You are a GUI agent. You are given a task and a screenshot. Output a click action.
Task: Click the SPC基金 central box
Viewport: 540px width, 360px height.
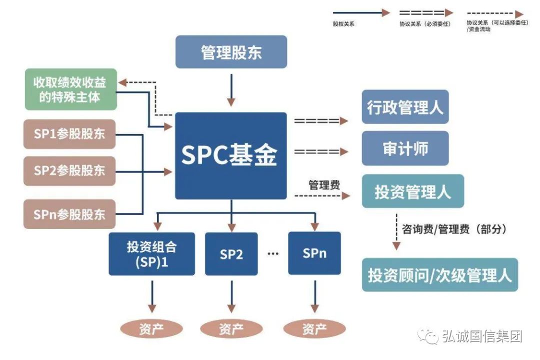click(231, 155)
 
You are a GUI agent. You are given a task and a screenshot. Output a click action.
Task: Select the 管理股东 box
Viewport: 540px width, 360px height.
click(231, 52)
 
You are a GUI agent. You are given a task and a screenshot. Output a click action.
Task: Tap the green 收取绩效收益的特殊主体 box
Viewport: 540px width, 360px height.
click(70, 89)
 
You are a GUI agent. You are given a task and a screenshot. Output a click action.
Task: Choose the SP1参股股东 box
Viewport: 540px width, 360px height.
click(69, 134)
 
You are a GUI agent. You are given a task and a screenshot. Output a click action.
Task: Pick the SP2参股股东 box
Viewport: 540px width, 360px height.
click(69, 170)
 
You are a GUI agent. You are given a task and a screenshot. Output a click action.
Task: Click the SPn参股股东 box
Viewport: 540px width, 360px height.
click(69, 214)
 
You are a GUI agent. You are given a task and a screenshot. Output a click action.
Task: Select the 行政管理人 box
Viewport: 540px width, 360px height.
click(405, 107)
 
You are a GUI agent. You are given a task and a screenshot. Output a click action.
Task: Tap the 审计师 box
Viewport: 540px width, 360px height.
click(405, 148)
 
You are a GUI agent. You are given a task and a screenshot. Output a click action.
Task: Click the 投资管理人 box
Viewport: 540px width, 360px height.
click(412, 191)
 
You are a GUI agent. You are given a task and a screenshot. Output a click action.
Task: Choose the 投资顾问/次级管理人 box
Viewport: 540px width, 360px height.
click(439, 275)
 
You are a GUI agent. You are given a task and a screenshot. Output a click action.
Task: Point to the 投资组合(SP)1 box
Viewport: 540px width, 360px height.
click(151, 254)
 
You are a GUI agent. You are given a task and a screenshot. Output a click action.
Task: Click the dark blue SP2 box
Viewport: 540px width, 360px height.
click(231, 254)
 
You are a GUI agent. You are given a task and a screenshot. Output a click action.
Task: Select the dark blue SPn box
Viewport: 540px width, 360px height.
click(314, 253)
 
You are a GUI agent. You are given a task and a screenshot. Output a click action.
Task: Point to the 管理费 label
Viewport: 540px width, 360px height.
click(324, 185)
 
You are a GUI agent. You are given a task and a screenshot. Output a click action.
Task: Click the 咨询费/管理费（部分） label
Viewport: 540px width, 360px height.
click(454, 229)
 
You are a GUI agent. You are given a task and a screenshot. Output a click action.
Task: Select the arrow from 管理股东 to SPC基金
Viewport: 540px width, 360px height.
click(231, 90)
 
